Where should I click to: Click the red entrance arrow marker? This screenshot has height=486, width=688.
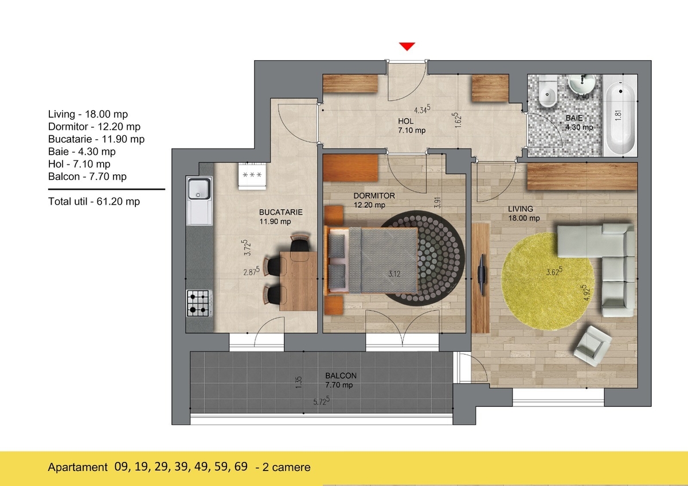[407, 46]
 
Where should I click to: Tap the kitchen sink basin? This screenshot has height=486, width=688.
[199, 189]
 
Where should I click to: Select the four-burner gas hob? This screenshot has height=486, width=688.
[200, 303]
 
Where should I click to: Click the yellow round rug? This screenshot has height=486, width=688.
[548, 281]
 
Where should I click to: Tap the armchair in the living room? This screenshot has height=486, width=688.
[592, 346]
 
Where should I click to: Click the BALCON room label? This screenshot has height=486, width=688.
[341, 375]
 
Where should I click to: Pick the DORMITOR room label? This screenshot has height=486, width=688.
[374, 195]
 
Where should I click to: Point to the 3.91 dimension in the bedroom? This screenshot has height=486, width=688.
[437, 203]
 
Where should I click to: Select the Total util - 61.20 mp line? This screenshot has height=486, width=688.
[94, 201]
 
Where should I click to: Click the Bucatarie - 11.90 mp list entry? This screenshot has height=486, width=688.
[96, 139]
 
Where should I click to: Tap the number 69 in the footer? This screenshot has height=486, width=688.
[241, 467]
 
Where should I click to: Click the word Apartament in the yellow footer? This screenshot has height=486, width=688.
[78, 467]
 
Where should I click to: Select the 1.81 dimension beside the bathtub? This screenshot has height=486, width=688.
[618, 115]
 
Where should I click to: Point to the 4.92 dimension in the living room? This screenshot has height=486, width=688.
[587, 293]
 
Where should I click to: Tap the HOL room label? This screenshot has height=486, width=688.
[405, 121]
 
